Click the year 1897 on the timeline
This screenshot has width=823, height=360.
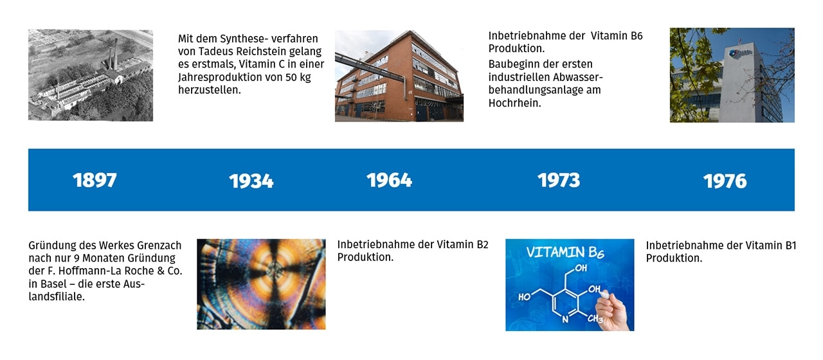95,180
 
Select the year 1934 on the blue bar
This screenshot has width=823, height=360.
251,181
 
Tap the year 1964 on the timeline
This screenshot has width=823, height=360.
389,180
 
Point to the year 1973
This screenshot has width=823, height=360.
559,180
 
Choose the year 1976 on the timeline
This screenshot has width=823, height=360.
725,181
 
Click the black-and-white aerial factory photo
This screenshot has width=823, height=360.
91,75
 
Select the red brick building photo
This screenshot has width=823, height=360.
399,76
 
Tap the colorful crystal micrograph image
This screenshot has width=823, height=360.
261,284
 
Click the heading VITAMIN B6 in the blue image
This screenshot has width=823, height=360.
565,253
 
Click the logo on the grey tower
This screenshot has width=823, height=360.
739,53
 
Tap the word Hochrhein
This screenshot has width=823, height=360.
515,103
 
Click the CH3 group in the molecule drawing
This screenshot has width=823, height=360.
595,318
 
